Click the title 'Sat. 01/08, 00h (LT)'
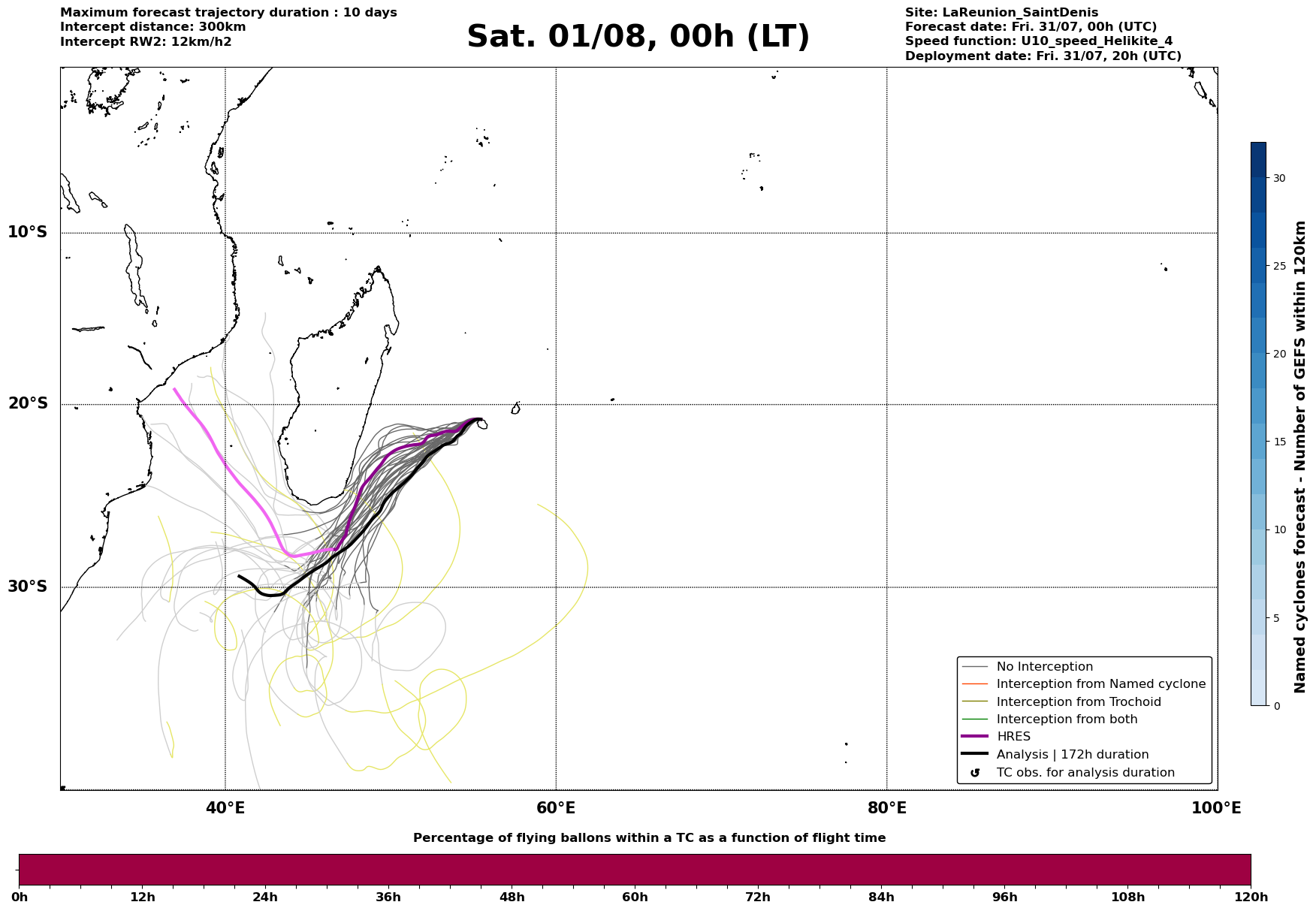click(638, 37)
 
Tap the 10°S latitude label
click(28, 232)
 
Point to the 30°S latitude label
click(28, 587)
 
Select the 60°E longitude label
click(556, 808)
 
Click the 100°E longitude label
click(1216, 808)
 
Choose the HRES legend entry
click(1013, 737)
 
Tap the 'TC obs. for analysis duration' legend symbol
click(975, 773)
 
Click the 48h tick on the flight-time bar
click(512, 897)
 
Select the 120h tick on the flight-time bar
click(1251, 897)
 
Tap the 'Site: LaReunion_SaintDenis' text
click(1001, 13)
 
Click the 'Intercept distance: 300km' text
click(153, 27)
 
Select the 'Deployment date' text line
click(1043, 56)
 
